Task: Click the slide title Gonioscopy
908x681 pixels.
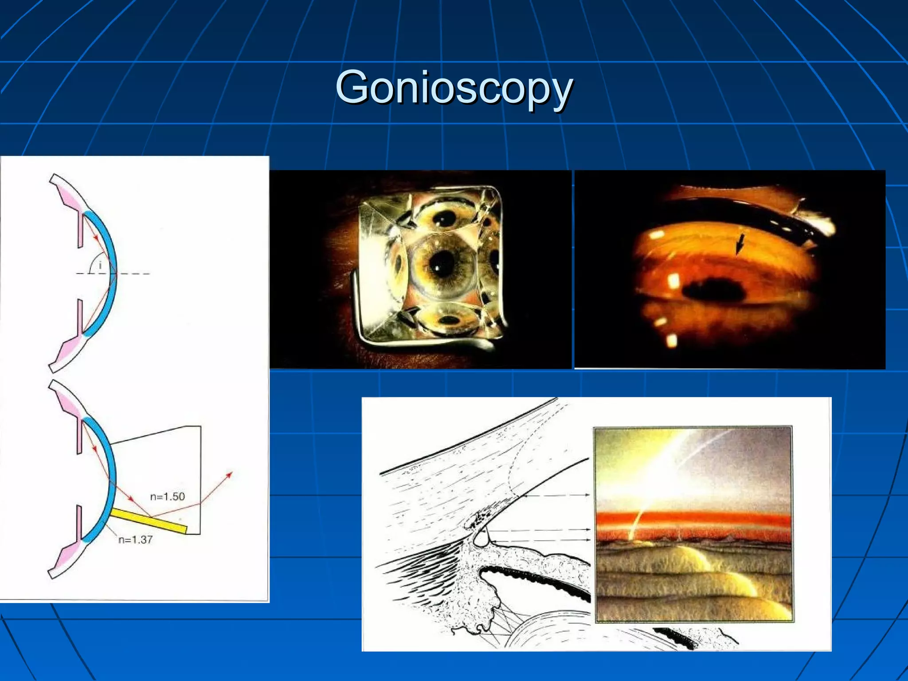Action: (x=454, y=87)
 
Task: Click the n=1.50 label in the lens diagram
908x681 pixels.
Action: (x=167, y=496)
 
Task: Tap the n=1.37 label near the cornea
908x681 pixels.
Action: (x=136, y=540)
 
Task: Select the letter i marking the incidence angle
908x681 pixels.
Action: (x=100, y=265)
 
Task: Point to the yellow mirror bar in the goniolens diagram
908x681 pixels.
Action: (x=149, y=521)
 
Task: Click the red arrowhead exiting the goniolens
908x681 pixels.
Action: (x=229, y=475)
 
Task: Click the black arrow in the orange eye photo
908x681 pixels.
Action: (x=740, y=244)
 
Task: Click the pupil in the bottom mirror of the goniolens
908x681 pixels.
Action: (x=450, y=320)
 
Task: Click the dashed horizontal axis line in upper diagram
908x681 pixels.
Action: (x=133, y=274)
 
